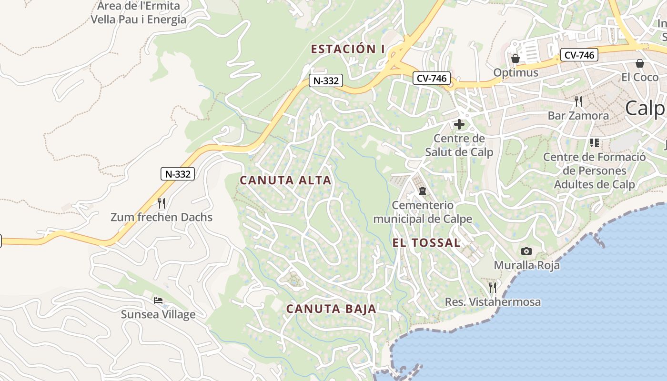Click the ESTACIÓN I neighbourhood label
click(x=347, y=49)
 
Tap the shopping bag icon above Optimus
click(x=515, y=59)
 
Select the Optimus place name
click(x=515, y=73)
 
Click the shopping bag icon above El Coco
click(x=640, y=63)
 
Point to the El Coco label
click(x=640, y=77)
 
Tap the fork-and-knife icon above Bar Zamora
click(x=578, y=101)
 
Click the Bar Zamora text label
click(x=578, y=115)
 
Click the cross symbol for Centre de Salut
click(x=459, y=125)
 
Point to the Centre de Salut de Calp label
click(x=459, y=145)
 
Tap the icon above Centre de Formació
click(x=594, y=142)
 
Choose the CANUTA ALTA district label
click(x=285, y=180)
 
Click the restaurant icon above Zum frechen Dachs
click(x=162, y=203)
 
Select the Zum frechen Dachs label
click(x=162, y=218)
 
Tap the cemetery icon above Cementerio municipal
click(x=422, y=191)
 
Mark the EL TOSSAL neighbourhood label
click(x=426, y=242)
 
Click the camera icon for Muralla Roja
click(x=526, y=251)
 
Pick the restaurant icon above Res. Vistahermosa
click(x=493, y=287)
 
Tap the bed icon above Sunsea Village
click(x=158, y=301)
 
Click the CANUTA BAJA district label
click(x=331, y=309)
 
